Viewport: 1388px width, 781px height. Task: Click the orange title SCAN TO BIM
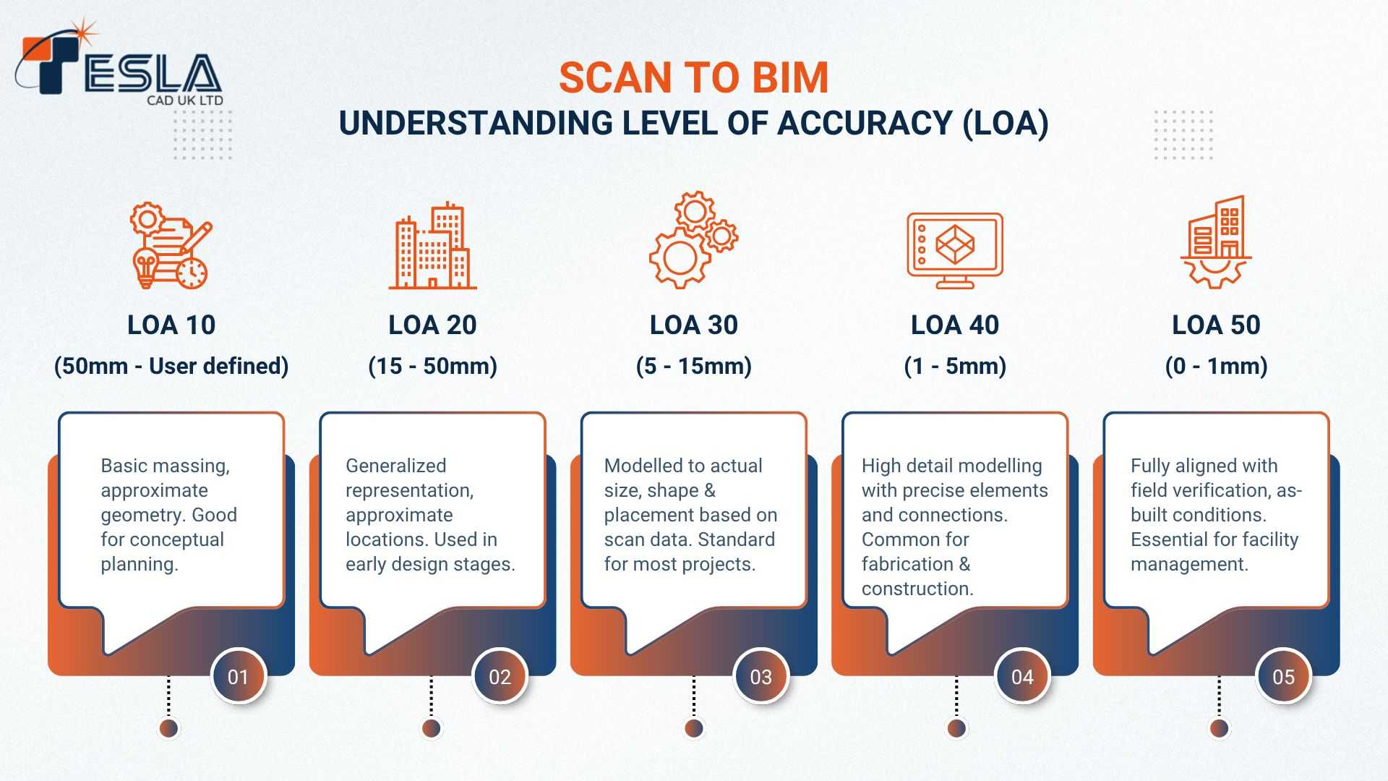coord(694,78)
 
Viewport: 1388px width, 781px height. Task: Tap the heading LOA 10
coord(171,325)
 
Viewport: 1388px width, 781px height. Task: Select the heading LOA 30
coord(694,325)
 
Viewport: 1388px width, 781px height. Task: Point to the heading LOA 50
coord(1216,325)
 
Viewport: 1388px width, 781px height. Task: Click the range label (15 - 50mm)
coord(432,366)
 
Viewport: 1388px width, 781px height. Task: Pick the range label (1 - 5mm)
coord(955,366)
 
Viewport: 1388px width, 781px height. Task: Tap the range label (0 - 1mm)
coord(1216,366)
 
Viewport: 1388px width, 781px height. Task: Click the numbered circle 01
coord(239,677)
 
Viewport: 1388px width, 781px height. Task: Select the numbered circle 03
coord(761,677)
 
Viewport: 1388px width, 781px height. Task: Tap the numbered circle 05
coord(1284,677)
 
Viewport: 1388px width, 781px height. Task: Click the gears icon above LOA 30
coord(693,240)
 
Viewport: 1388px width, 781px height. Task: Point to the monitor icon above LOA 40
coord(955,250)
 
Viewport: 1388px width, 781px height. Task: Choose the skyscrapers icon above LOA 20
coord(432,246)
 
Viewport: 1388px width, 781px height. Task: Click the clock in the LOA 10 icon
coord(192,273)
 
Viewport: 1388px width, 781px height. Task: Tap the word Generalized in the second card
coord(396,466)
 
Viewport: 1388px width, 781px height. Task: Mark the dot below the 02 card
coord(432,728)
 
